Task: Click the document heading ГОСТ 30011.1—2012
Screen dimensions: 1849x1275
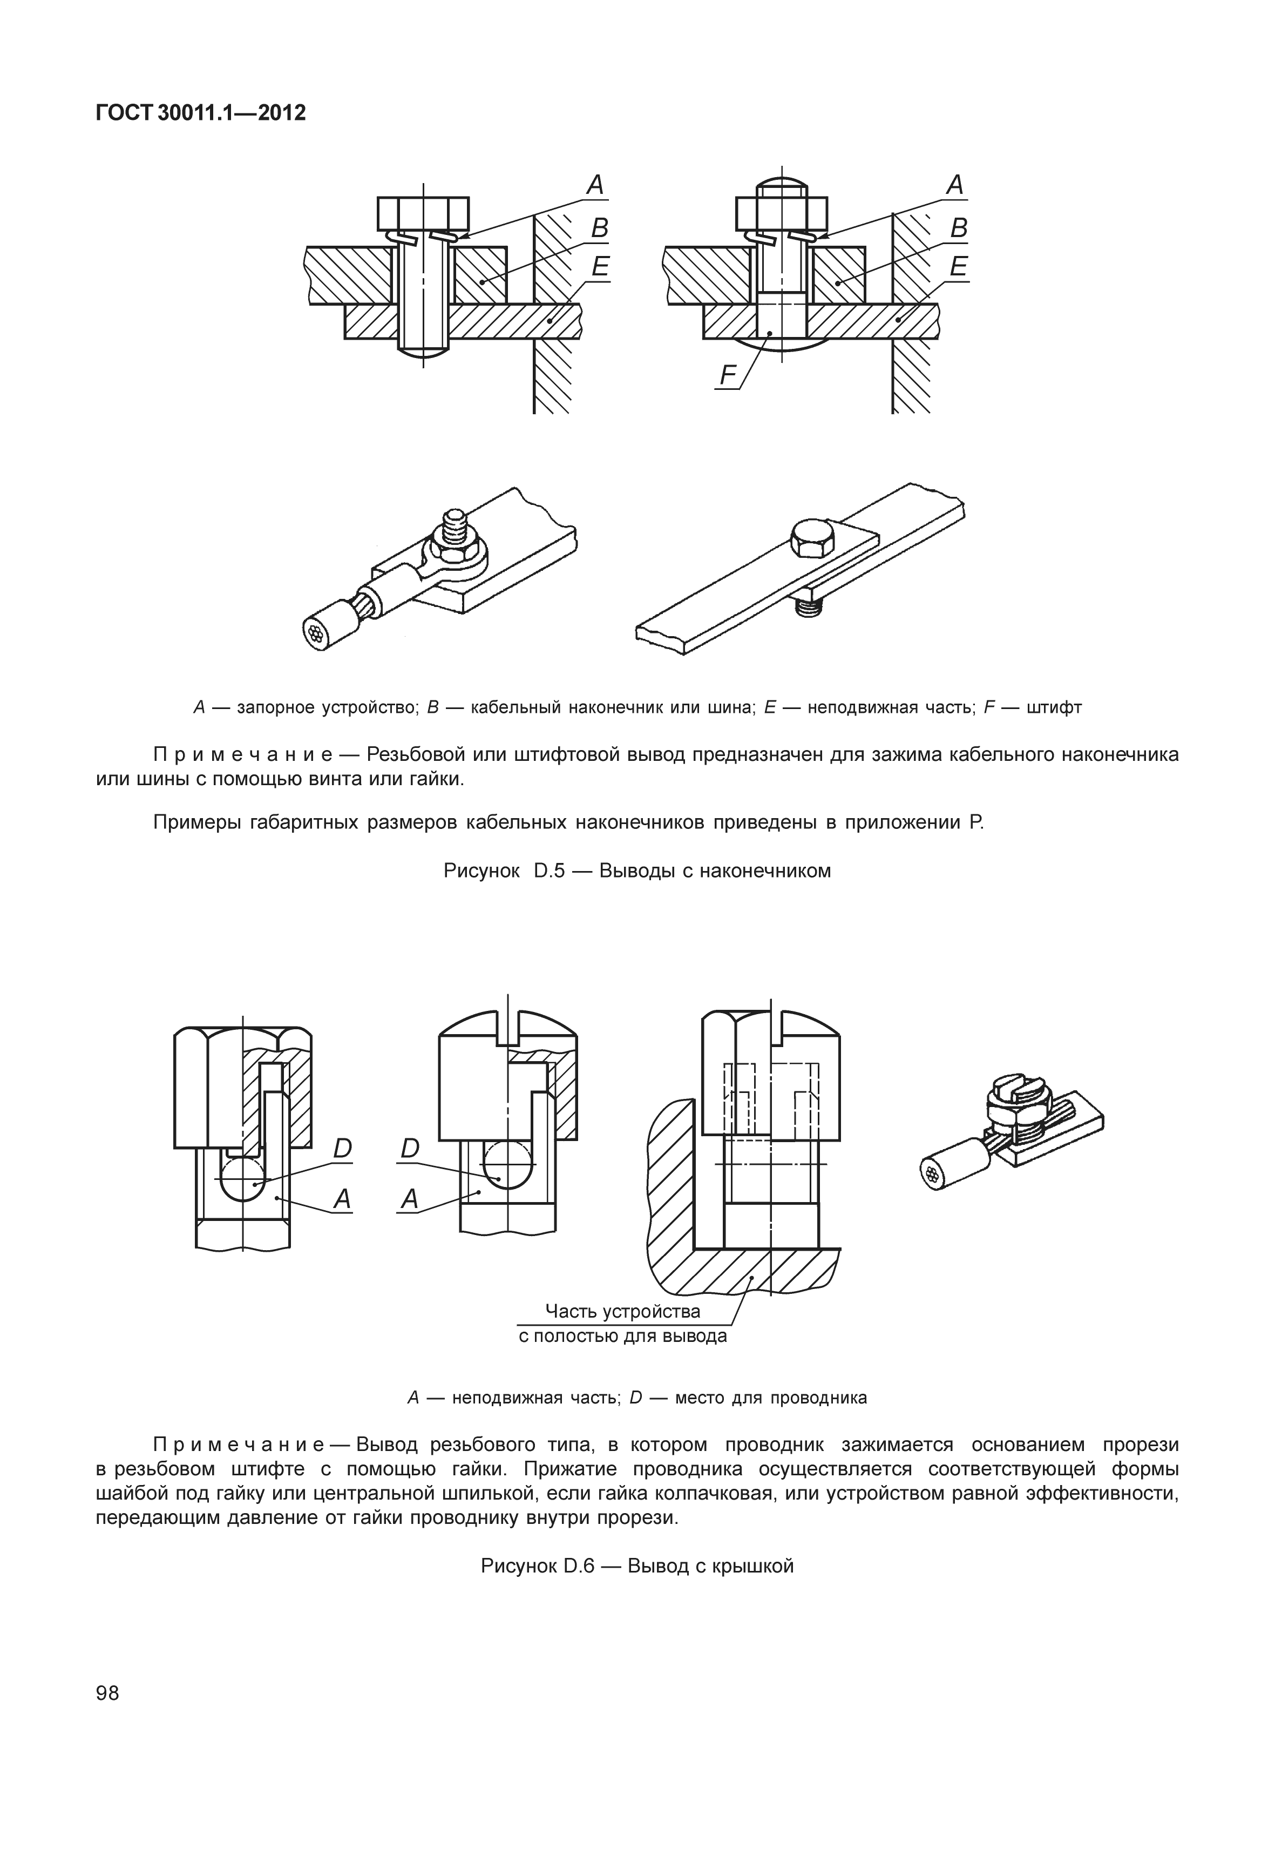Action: (200, 113)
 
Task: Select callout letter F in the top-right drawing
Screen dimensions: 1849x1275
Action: (727, 375)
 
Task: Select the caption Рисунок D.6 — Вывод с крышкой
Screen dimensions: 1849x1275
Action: (637, 1565)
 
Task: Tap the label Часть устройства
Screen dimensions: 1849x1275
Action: (622, 1311)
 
